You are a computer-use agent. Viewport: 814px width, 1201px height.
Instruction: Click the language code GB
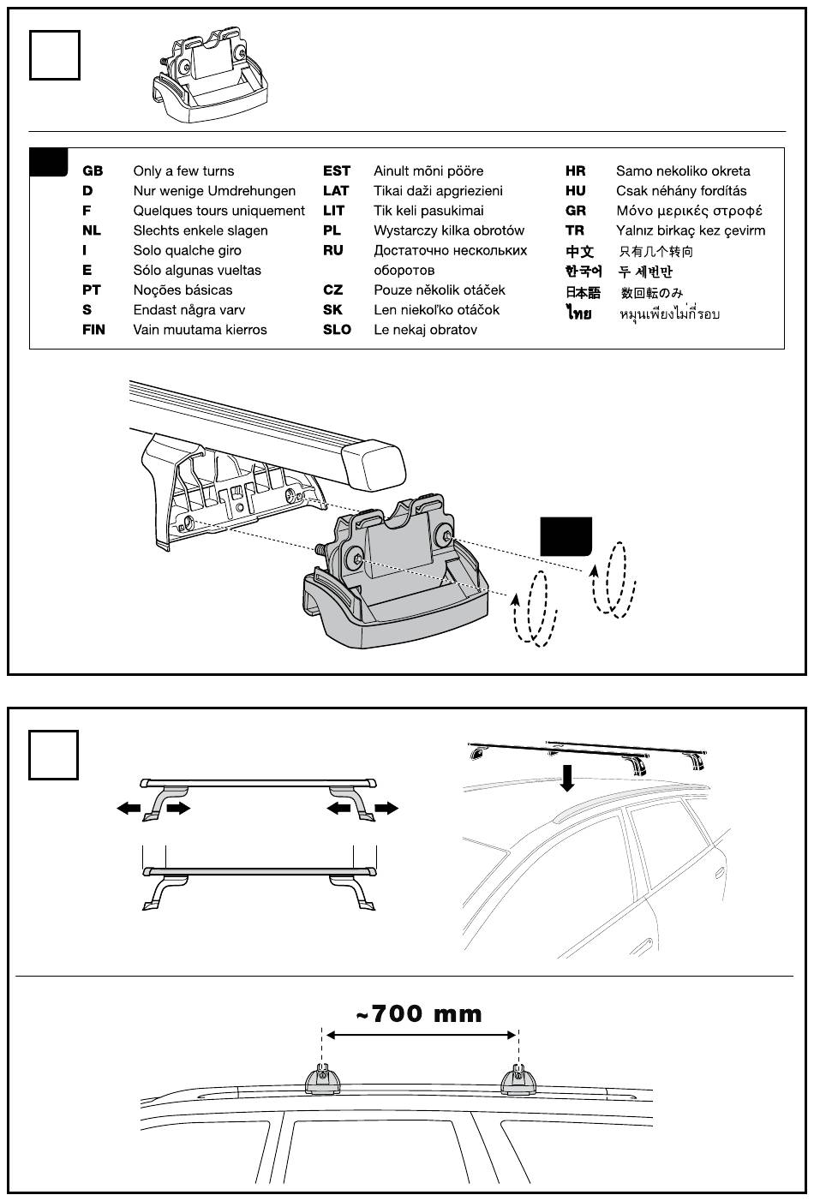click(x=93, y=171)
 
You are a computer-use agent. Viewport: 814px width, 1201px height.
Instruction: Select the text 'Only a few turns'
click(x=183, y=171)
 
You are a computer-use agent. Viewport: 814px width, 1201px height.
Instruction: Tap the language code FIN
click(x=93, y=330)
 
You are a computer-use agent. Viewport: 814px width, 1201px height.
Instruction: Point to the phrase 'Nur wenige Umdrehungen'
click(x=214, y=191)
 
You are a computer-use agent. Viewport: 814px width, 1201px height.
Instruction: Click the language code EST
click(x=337, y=171)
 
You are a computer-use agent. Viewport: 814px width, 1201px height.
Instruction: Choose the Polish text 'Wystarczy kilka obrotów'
click(x=448, y=230)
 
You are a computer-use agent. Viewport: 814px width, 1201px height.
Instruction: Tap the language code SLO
click(x=337, y=330)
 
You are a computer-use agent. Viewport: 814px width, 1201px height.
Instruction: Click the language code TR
click(x=574, y=230)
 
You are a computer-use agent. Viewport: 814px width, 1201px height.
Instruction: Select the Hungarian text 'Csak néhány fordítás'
click(x=681, y=191)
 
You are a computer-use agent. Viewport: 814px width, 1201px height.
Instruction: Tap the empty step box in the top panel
click(x=55, y=56)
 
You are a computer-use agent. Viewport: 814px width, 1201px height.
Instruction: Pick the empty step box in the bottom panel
click(x=54, y=755)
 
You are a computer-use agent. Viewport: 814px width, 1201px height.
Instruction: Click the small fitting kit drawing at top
click(x=211, y=79)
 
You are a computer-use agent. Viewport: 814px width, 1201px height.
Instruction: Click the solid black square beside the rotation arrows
click(x=566, y=536)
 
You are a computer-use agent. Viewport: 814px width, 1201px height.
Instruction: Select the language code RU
click(x=333, y=250)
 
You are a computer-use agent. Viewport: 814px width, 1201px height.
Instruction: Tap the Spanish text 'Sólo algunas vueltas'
click(x=197, y=271)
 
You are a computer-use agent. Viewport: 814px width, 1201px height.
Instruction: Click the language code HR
click(x=575, y=171)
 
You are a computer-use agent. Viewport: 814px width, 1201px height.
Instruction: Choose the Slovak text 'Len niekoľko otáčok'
click(x=436, y=310)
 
